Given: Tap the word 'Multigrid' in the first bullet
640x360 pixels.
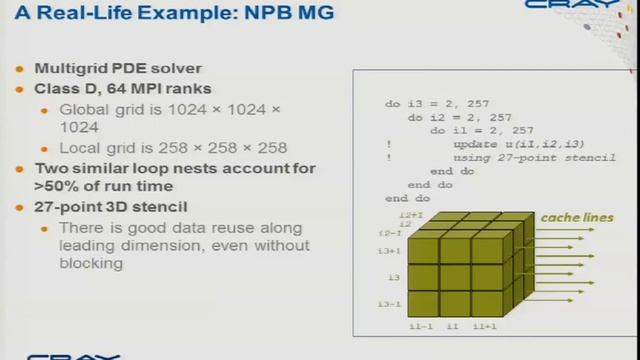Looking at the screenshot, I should (70, 69).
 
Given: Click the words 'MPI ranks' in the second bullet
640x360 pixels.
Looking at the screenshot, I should (177, 89).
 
